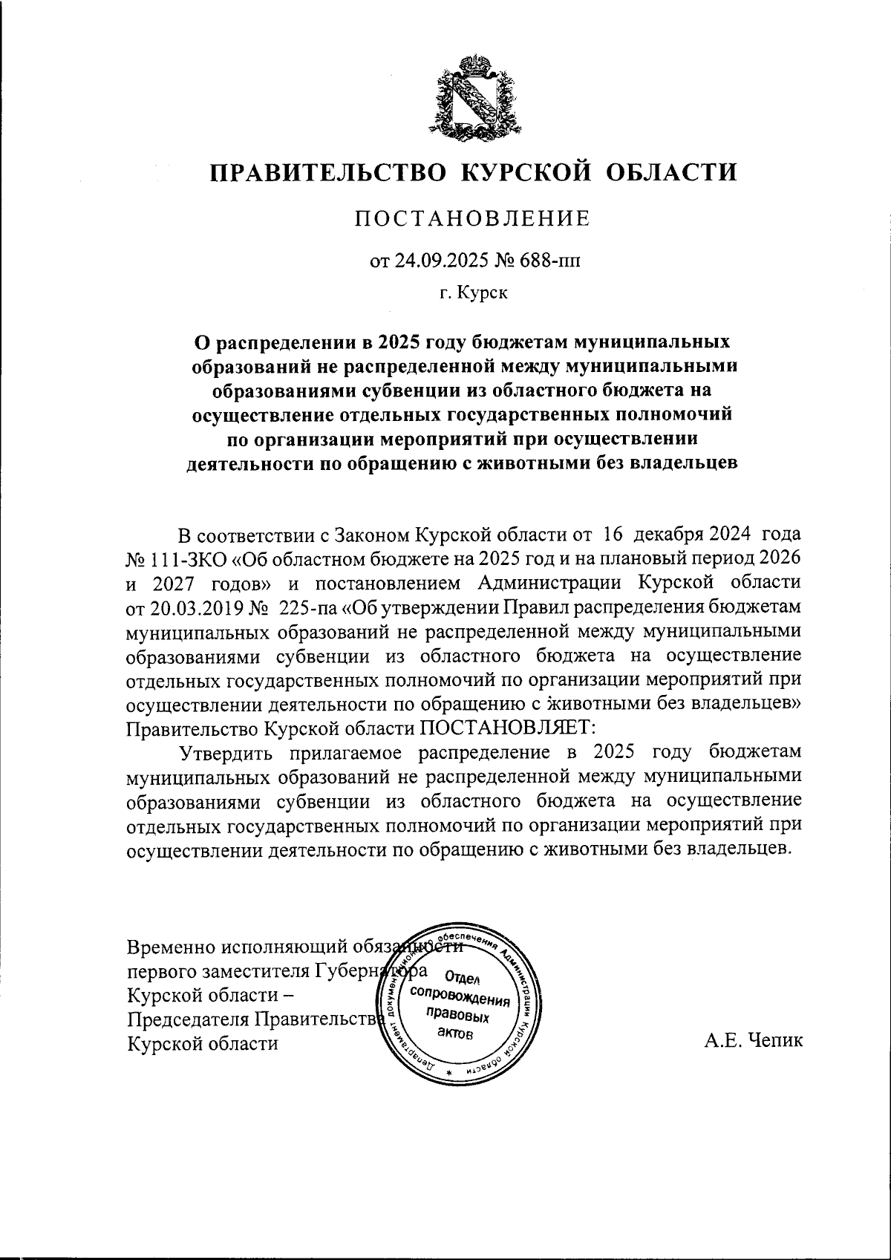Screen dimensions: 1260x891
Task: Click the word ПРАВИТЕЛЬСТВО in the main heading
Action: coord(329,172)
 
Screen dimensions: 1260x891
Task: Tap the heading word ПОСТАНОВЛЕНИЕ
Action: coord(472,218)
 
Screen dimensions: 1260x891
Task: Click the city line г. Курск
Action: coord(472,293)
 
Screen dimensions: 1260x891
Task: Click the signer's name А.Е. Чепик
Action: coord(754,1041)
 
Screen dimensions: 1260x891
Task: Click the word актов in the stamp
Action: coord(453,1034)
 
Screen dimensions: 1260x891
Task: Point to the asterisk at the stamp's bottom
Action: coord(449,1074)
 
